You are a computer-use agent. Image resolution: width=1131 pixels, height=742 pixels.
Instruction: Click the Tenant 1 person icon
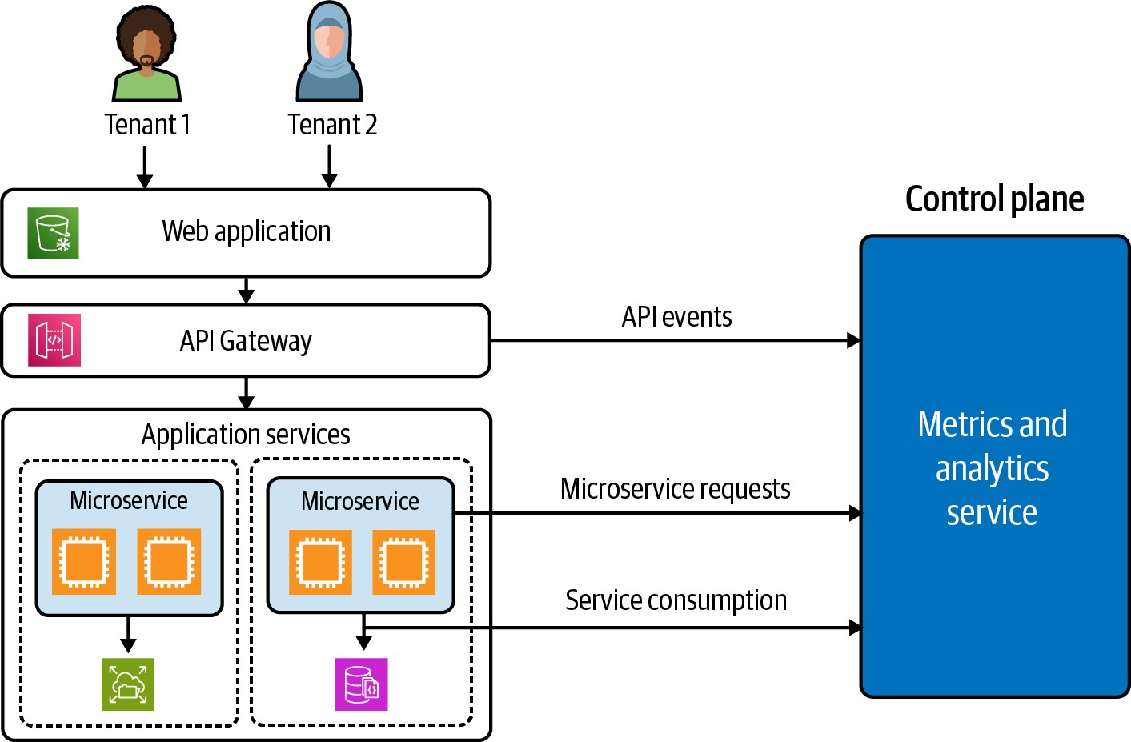click(x=146, y=54)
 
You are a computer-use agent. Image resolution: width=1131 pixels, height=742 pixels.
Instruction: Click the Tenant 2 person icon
click(x=329, y=53)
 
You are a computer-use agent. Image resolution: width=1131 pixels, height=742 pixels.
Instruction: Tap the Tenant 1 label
click(x=147, y=125)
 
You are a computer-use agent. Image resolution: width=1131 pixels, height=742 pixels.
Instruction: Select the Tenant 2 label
click(x=332, y=125)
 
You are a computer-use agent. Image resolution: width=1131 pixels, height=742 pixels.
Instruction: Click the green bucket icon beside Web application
click(x=53, y=233)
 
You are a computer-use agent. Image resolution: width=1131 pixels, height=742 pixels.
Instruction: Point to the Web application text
click(x=247, y=231)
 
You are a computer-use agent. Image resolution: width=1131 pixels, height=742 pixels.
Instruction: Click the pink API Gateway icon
click(x=54, y=340)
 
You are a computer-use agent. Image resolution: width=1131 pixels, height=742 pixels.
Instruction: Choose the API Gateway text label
click(x=246, y=341)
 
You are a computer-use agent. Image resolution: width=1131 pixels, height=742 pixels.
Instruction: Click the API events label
click(x=676, y=317)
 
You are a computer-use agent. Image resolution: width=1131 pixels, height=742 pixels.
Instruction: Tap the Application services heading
click(x=246, y=435)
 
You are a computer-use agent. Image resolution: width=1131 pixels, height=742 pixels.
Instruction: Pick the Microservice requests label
click(x=675, y=489)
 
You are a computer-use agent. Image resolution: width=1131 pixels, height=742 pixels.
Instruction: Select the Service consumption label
click(x=676, y=600)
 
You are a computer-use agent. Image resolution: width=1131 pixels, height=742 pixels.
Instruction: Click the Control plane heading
click(x=994, y=199)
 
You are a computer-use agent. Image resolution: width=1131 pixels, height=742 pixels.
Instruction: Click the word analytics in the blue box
click(x=992, y=469)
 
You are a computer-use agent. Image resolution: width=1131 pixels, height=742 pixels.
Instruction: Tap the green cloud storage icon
click(x=127, y=684)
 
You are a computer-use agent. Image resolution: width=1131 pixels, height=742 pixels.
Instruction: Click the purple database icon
click(x=361, y=684)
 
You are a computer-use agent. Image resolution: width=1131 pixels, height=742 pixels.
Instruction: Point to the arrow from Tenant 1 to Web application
click(x=145, y=167)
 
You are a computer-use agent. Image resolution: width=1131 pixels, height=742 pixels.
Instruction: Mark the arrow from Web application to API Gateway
click(x=247, y=291)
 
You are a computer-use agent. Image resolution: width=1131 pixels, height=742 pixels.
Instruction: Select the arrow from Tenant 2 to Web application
click(x=329, y=167)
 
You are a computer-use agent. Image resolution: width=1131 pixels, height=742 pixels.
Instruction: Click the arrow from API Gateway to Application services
click(x=247, y=393)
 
